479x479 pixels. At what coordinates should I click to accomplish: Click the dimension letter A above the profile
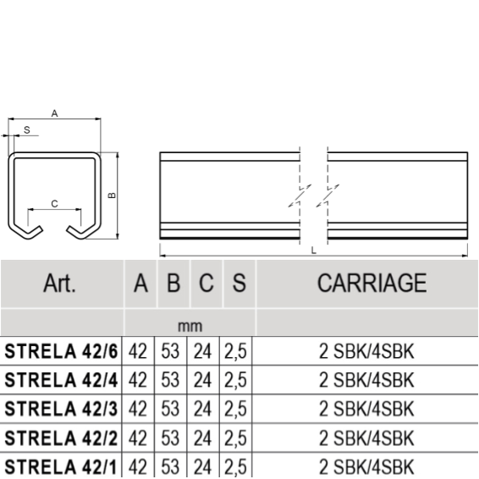coord(54,113)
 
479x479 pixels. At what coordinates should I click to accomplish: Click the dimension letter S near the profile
coord(27,130)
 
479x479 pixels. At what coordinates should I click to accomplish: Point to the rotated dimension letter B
coord(112,195)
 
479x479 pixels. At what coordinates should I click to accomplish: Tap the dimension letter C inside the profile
coord(54,204)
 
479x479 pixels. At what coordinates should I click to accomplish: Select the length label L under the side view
coord(313,251)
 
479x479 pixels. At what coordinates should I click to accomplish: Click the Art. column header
coord(59,284)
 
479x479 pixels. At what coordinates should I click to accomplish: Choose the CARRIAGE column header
coord(372,284)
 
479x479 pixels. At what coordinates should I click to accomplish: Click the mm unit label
coord(190,326)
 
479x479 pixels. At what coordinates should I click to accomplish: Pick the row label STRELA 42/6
coord(61,351)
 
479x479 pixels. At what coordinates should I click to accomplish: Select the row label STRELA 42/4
coord(61,380)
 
